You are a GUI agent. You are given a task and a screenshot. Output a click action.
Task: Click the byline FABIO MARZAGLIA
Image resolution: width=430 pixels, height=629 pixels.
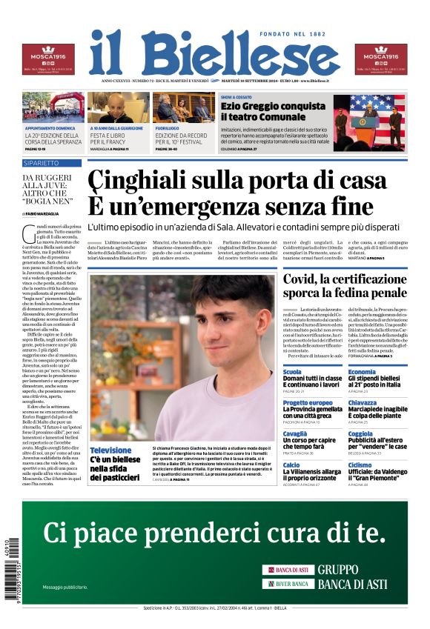[x=46, y=213]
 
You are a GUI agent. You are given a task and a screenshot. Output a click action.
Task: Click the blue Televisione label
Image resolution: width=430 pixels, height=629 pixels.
[x=110, y=450]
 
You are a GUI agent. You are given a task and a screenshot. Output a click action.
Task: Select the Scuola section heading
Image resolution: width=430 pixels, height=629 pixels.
[x=292, y=372]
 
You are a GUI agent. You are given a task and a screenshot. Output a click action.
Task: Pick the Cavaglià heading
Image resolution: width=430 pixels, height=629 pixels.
[x=295, y=434]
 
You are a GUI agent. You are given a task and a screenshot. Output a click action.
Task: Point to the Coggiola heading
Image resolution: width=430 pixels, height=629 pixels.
[x=361, y=434]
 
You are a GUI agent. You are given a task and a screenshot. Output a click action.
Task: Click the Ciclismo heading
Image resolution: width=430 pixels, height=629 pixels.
[x=360, y=465]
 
